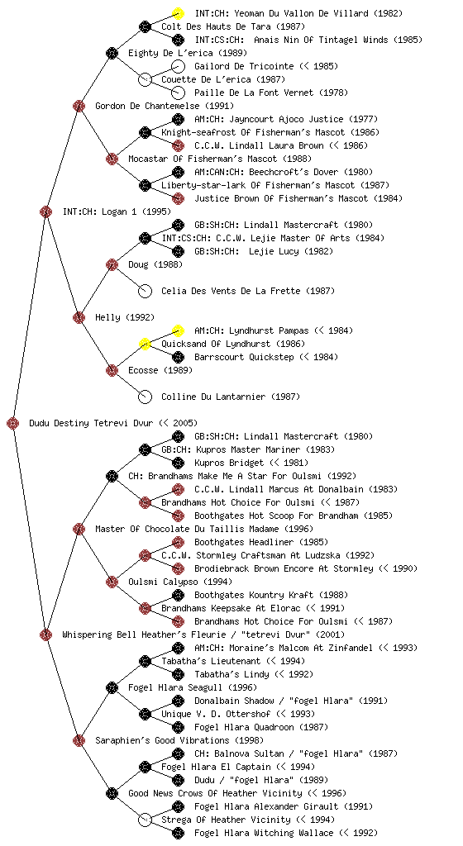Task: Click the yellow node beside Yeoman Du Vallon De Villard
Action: point(178,13)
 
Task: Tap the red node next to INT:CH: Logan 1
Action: point(45,211)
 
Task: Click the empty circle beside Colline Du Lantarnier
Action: point(145,397)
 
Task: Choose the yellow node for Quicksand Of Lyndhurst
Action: point(145,344)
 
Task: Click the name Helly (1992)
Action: point(125,317)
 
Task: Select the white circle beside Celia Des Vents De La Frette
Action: point(145,291)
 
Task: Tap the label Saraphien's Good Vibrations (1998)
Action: point(179,740)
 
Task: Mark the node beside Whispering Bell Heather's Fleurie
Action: point(45,634)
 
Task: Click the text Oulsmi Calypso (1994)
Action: point(180,582)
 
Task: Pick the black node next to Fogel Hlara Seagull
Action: point(112,687)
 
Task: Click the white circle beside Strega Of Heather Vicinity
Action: point(145,820)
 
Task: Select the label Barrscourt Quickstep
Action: point(244,357)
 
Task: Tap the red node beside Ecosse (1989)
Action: point(112,370)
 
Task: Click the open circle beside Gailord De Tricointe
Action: point(178,66)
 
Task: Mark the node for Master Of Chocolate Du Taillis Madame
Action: point(79,529)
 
